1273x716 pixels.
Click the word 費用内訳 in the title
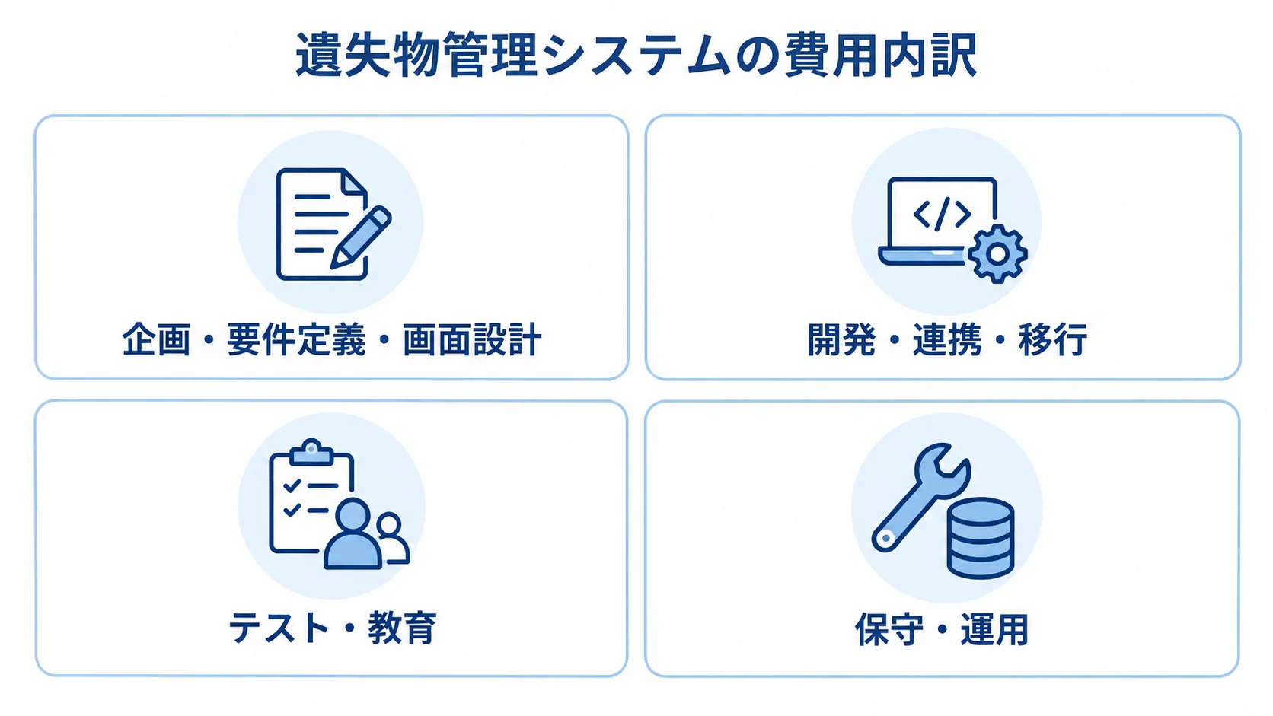point(880,56)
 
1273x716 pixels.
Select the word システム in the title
point(636,56)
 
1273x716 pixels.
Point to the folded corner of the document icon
point(354,181)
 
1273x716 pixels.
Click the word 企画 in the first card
point(156,339)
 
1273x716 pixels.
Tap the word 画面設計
point(472,339)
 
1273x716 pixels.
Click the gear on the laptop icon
point(997,254)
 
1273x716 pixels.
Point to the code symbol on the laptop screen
point(942,214)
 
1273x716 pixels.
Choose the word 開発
point(841,339)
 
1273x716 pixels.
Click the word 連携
point(947,339)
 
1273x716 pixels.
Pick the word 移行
point(1052,339)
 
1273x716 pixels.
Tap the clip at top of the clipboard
point(311,453)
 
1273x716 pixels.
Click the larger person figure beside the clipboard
point(353,533)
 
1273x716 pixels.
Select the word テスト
point(279,628)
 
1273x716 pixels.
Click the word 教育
point(402,628)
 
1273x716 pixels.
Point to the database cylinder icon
point(981,538)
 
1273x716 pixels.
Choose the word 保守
point(889,629)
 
